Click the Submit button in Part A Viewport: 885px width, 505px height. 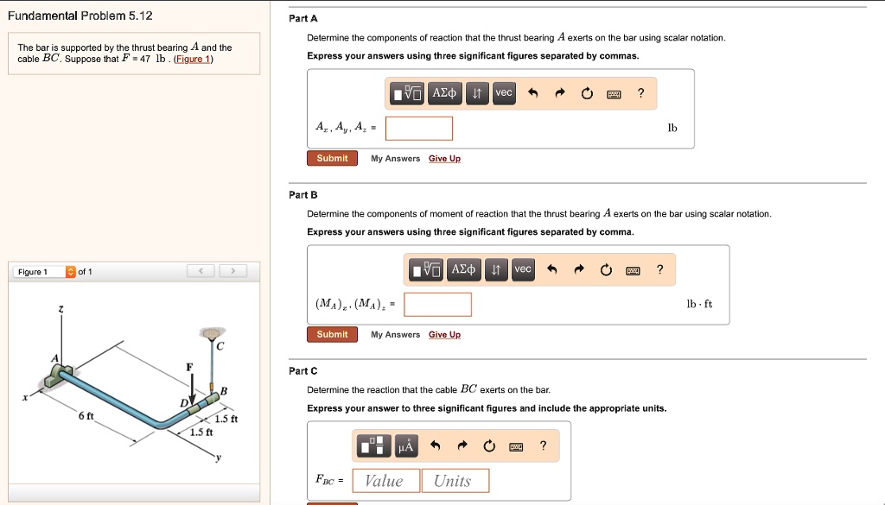coord(332,159)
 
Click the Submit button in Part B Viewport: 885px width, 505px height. coord(332,335)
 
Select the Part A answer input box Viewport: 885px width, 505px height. coord(419,129)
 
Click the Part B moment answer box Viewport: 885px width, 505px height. coord(437,305)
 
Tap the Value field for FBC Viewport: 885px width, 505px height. coord(385,481)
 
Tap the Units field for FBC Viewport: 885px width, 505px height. coord(455,481)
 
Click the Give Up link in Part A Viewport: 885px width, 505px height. coord(444,159)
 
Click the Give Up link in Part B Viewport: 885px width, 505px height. coord(444,335)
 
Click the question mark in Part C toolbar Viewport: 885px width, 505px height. coord(542,445)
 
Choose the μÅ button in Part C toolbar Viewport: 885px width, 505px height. coord(406,445)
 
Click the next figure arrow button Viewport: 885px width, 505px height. coord(232,272)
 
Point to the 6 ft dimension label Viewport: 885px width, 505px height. coord(86,417)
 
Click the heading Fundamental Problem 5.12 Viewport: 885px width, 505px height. coord(80,16)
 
